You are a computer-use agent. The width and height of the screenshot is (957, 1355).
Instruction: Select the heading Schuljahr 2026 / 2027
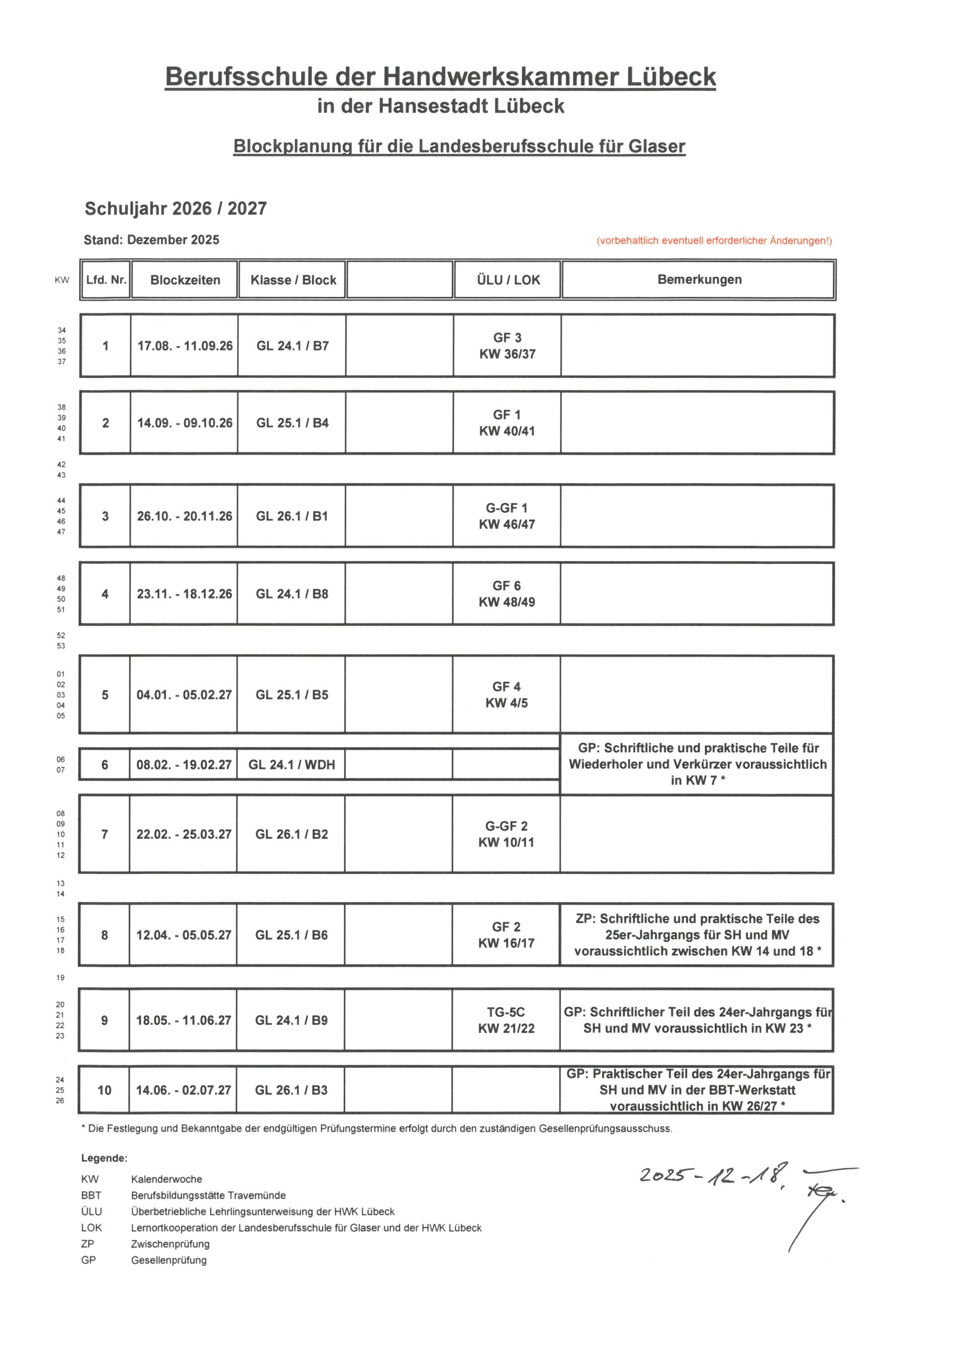(x=176, y=209)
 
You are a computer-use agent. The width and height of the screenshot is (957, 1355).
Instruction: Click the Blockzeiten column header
(x=185, y=280)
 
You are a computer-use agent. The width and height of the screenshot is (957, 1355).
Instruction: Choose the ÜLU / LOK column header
(x=508, y=280)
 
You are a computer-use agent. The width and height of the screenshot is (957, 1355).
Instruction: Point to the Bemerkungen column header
(x=700, y=280)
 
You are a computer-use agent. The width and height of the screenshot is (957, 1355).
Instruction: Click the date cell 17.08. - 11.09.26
(x=185, y=346)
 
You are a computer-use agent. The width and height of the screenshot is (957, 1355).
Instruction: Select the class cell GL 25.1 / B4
(x=292, y=423)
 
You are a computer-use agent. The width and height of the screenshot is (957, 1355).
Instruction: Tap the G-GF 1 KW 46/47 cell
(x=507, y=516)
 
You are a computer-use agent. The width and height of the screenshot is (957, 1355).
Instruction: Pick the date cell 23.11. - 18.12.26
(x=184, y=594)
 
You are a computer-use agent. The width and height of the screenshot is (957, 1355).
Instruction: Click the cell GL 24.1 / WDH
(x=291, y=765)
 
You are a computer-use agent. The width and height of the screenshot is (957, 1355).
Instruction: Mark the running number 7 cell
(x=104, y=834)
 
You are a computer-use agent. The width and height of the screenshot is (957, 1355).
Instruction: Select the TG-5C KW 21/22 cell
(x=506, y=1020)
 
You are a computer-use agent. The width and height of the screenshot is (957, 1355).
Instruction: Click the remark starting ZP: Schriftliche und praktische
(x=697, y=935)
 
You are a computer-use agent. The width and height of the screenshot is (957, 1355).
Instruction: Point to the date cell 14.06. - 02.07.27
(x=183, y=1090)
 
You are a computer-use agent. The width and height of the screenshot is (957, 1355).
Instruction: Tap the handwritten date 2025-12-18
(x=713, y=1175)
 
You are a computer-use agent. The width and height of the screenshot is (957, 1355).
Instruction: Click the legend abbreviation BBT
(x=91, y=1196)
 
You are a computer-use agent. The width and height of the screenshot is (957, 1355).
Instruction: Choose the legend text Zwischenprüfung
(x=170, y=1244)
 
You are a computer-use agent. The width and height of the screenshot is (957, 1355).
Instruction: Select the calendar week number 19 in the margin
(x=60, y=977)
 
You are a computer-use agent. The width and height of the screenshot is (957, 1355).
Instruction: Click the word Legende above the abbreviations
(x=104, y=1159)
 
